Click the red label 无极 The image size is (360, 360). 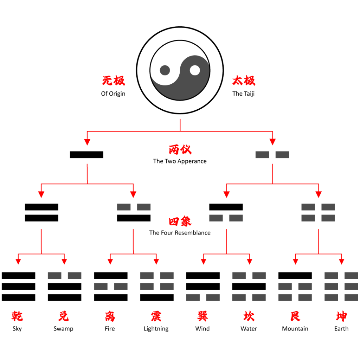(114, 81)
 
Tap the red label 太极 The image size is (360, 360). (244, 81)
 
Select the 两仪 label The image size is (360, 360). (180, 149)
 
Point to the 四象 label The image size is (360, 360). (180, 221)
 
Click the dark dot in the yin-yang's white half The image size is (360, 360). (165, 70)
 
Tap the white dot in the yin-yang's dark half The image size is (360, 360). (195, 70)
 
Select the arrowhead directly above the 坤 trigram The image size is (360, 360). (341, 262)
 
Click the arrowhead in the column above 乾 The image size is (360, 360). (18, 262)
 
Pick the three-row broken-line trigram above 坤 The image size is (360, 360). (341, 287)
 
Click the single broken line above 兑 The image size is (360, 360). (64, 275)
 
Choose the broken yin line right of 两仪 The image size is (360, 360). (272, 155)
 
